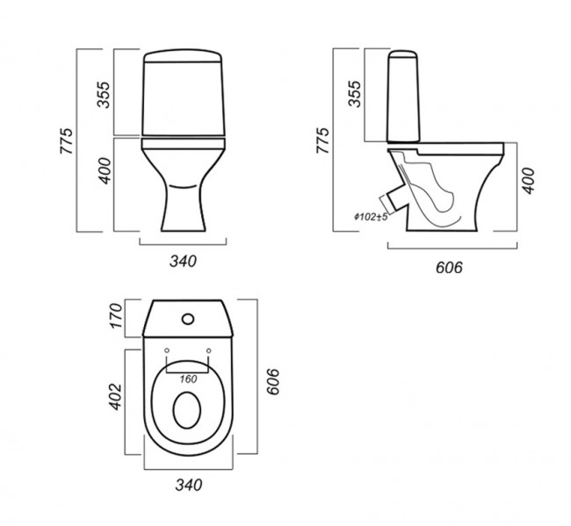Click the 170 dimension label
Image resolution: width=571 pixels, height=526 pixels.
click(117, 315)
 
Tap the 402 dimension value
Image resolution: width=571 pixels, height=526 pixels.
click(116, 396)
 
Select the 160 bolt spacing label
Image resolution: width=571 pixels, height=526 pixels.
click(188, 379)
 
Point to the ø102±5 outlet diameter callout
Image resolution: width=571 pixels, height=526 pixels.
click(371, 217)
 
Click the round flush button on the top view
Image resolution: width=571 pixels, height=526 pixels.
click(188, 319)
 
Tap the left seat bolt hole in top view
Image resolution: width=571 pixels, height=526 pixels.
click(167, 350)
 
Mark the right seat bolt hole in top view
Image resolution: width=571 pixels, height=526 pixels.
click(209, 350)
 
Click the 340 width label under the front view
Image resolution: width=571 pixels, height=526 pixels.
click(184, 262)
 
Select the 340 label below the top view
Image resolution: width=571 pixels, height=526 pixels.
click(189, 485)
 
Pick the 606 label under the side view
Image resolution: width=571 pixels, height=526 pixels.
click(449, 268)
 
